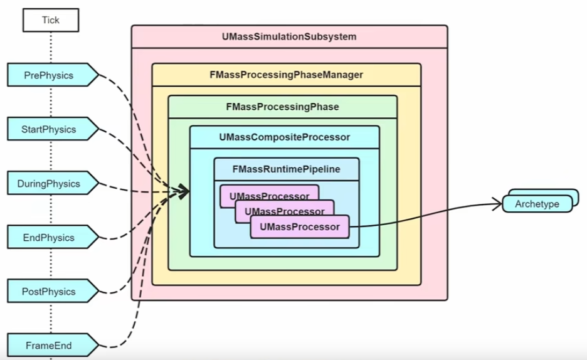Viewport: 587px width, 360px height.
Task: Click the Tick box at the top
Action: [x=51, y=20]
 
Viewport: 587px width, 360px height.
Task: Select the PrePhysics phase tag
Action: [x=49, y=75]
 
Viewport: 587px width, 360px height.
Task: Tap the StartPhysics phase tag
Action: [x=49, y=130]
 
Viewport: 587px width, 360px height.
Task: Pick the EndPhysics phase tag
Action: [x=49, y=238]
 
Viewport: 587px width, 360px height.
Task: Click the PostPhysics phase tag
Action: [x=49, y=292]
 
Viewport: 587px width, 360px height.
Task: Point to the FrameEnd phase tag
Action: [x=49, y=346]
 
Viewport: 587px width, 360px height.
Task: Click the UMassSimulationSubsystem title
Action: [x=289, y=37]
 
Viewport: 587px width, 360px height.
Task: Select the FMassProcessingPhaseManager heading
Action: [x=286, y=75]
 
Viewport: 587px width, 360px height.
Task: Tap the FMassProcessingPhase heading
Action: [x=282, y=107]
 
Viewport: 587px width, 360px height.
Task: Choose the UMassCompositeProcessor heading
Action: [x=285, y=137]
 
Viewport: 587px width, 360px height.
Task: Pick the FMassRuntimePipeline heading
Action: [x=286, y=169]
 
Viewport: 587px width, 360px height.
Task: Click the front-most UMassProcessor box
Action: [x=299, y=226]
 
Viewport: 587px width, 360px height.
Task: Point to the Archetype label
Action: [x=537, y=204]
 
